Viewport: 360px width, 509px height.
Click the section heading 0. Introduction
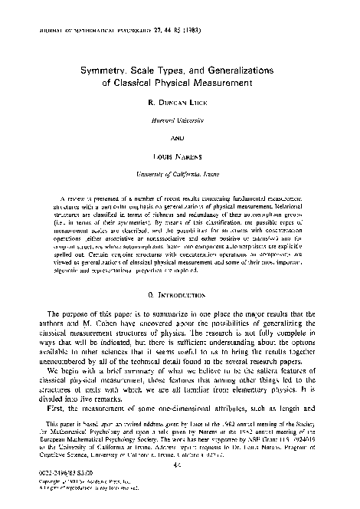click(x=181, y=271)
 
